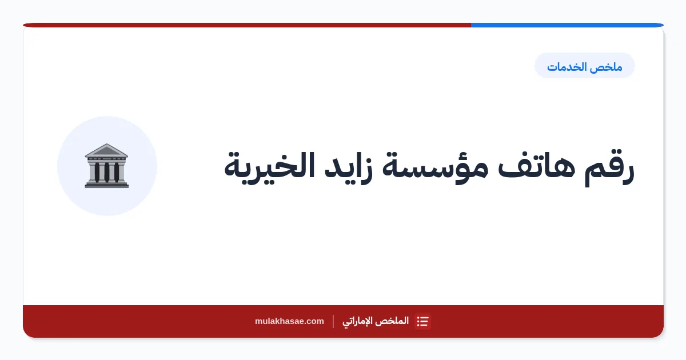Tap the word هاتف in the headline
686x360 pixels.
pyautogui.click(x=536, y=165)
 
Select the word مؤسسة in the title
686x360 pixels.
pyautogui.click(x=435, y=167)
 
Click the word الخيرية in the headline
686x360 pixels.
pyautogui.click(x=269, y=167)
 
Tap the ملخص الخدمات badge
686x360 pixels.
pyautogui.click(x=585, y=66)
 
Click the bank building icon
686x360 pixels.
pyautogui.click(x=106, y=166)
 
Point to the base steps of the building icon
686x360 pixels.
pyautogui.click(x=106, y=184)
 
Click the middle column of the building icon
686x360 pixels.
pyautogui.click(x=106, y=172)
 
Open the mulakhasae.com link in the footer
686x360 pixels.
pyautogui.click(x=289, y=321)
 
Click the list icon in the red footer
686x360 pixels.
pyautogui.click(x=422, y=321)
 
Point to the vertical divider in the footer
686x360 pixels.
pyautogui.click(x=333, y=321)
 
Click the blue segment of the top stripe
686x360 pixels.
pyautogui.click(x=567, y=25)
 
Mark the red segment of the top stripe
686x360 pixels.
pyautogui.click(x=247, y=25)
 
